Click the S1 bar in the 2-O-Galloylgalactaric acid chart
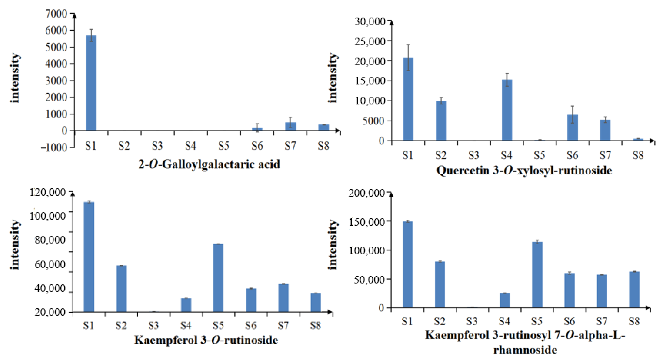[x=91, y=83]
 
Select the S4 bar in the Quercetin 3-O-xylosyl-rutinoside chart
[x=507, y=110]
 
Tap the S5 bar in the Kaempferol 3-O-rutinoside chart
[x=218, y=278]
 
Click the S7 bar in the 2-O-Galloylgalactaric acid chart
[x=290, y=127]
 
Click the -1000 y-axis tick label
[x=54, y=148]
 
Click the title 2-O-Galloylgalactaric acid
[x=209, y=164]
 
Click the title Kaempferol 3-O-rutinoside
[x=206, y=340]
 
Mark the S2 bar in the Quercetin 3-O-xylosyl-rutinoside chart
[x=441, y=121]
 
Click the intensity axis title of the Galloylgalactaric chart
[x=15, y=78]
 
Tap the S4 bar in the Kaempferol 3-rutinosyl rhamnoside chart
[x=505, y=300]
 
